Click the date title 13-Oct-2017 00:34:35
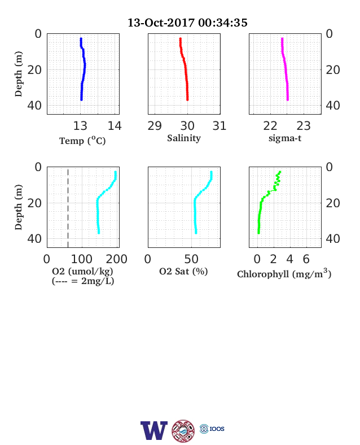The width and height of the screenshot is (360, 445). [187, 23]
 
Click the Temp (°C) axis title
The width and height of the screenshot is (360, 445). [82, 141]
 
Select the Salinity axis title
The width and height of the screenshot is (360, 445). [184, 138]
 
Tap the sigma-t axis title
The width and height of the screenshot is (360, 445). [285, 138]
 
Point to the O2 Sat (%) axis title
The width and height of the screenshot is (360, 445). [183, 271]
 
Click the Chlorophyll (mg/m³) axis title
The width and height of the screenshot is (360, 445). [284, 273]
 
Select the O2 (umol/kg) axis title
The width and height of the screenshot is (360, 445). [82, 271]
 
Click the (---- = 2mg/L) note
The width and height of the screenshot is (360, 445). [83, 281]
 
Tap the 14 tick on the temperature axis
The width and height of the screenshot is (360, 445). [115, 126]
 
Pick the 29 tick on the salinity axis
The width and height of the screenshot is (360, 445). [155, 126]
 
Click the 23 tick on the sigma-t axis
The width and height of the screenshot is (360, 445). [304, 126]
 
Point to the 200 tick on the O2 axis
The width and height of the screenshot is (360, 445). [116, 259]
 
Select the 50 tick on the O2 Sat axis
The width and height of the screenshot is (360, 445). [191, 259]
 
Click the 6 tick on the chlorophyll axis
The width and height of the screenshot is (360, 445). [306, 259]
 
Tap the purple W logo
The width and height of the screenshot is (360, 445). [154, 430]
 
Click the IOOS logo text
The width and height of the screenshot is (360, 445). [217, 429]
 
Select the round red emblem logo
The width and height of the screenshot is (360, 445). [183, 431]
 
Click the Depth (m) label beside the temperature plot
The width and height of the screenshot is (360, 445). [19, 74]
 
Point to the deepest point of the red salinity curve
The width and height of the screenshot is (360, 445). [187, 99]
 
